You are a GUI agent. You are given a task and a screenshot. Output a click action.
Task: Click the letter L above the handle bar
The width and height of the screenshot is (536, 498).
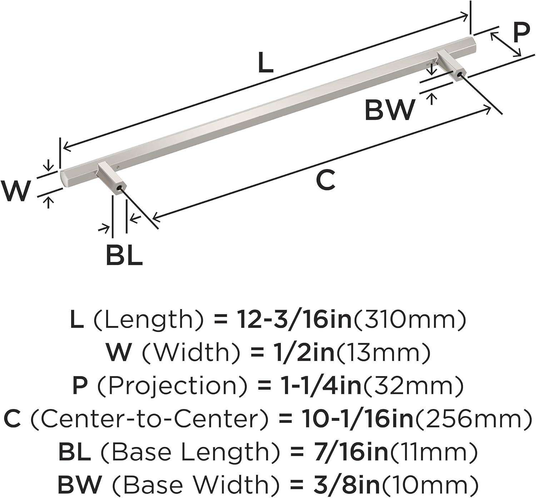point(265,62)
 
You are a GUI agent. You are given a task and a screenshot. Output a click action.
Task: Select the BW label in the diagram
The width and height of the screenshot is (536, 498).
point(390,110)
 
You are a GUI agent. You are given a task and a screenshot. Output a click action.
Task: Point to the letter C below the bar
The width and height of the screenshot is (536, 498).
point(326,180)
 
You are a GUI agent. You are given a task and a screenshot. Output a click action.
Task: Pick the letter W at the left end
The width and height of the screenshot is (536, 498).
point(15,190)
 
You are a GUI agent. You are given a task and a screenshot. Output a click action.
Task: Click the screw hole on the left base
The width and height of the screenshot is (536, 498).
point(118,187)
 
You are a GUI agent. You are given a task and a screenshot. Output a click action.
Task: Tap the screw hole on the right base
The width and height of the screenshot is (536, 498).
point(459,74)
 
